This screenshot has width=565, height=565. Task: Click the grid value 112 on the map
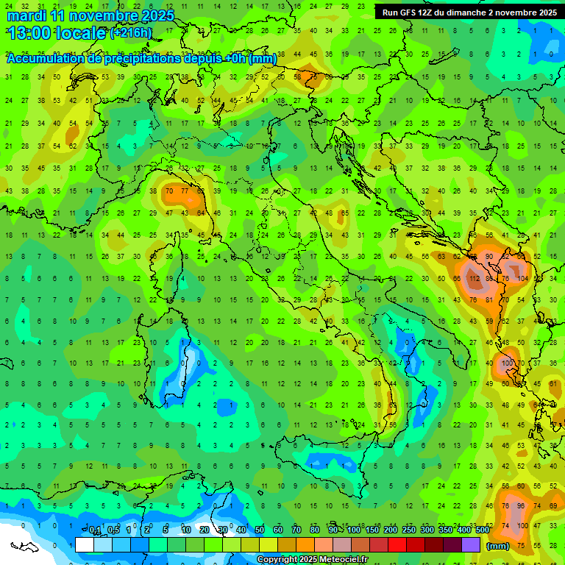[x=474, y=280]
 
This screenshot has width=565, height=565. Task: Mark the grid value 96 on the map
[x=521, y=506]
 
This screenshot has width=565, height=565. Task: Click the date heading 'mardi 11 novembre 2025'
[x=90, y=15]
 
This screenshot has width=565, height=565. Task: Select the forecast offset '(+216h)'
[x=131, y=33]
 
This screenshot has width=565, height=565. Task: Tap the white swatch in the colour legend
[x=85, y=544]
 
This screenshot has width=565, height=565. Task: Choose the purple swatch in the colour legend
[x=471, y=544]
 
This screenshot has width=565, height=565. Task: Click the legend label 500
[x=482, y=530]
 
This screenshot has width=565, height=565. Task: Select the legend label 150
[x=372, y=530]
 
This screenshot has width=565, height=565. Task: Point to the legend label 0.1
[x=96, y=530]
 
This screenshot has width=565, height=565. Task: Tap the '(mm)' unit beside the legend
[x=498, y=546]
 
